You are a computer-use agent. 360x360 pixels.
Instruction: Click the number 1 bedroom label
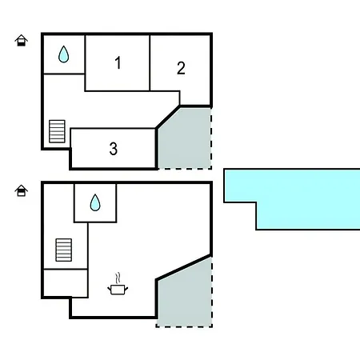(118, 62)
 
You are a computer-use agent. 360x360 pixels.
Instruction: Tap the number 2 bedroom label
(181, 68)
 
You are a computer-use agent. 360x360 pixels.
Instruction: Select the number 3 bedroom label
(114, 149)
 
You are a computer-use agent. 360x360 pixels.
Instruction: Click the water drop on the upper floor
(63, 54)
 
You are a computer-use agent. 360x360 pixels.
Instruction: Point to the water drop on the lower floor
(95, 202)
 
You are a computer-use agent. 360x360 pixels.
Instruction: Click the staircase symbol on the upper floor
(57, 131)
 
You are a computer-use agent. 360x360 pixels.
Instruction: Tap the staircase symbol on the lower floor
(64, 250)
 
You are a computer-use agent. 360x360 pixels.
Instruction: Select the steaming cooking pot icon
(118, 284)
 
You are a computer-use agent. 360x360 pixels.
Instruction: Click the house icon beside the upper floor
(22, 41)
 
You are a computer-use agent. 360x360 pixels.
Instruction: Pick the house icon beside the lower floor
(22, 190)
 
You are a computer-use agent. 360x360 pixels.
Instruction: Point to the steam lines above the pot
(118, 278)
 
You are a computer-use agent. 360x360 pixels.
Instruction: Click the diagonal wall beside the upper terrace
(168, 118)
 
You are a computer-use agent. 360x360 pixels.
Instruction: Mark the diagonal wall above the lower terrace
(184, 267)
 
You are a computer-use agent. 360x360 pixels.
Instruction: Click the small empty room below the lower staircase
(66, 283)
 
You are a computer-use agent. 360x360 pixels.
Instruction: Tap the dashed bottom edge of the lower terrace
(184, 326)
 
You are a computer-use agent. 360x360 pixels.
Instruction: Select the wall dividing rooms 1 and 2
(150, 63)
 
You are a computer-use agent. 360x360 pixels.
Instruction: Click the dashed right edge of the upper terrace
(211, 138)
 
